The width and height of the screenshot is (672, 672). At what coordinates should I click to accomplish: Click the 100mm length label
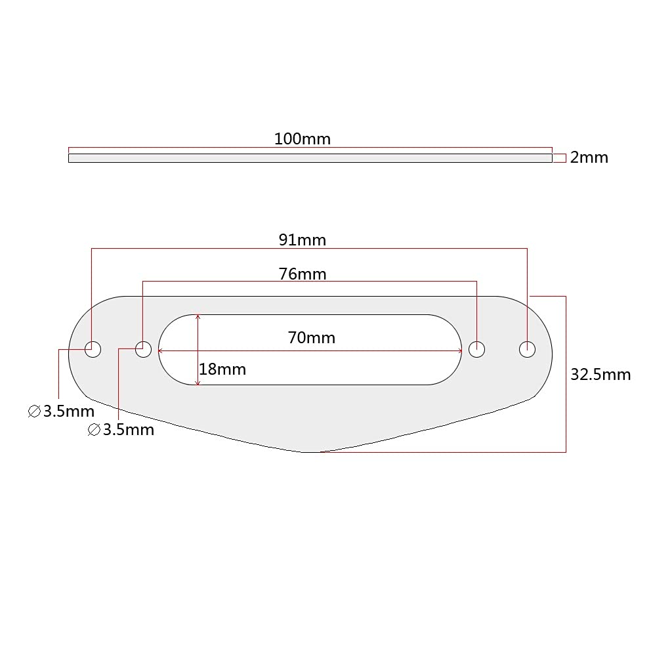pyautogui.click(x=302, y=139)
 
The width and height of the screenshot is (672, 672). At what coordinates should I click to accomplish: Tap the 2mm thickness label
pyautogui.click(x=589, y=157)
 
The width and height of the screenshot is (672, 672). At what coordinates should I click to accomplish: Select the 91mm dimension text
pyautogui.click(x=302, y=240)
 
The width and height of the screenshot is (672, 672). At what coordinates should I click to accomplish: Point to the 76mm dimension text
pyautogui.click(x=302, y=274)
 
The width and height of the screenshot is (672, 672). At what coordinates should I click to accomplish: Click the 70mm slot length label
pyautogui.click(x=311, y=338)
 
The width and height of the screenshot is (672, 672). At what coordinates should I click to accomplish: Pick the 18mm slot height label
pyautogui.click(x=222, y=369)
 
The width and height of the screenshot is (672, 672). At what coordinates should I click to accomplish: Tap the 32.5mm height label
pyautogui.click(x=600, y=375)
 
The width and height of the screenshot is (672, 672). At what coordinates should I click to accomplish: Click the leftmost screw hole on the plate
pyautogui.click(x=93, y=349)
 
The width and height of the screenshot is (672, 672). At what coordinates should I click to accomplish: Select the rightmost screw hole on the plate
pyautogui.click(x=527, y=349)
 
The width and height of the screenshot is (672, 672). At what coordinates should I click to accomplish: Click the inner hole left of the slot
pyautogui.click(x=143, y=349)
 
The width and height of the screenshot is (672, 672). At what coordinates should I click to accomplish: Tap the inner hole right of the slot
pyautogui.click(x=477, y=349)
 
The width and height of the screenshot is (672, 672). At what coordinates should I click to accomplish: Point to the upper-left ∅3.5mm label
pyautogui.click(x=61, y=412)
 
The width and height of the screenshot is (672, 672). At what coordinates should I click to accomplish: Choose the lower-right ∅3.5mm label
pyautogui.click(x=121, y=430)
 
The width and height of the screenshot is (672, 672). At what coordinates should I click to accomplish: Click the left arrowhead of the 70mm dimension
pyautogui.click(x=161, y=351)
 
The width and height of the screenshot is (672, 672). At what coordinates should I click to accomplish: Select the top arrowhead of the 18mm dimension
pyautogui.click(x=198, y=317)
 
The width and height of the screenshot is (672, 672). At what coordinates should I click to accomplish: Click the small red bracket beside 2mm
pyautogui.click(x=559, y=157)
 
